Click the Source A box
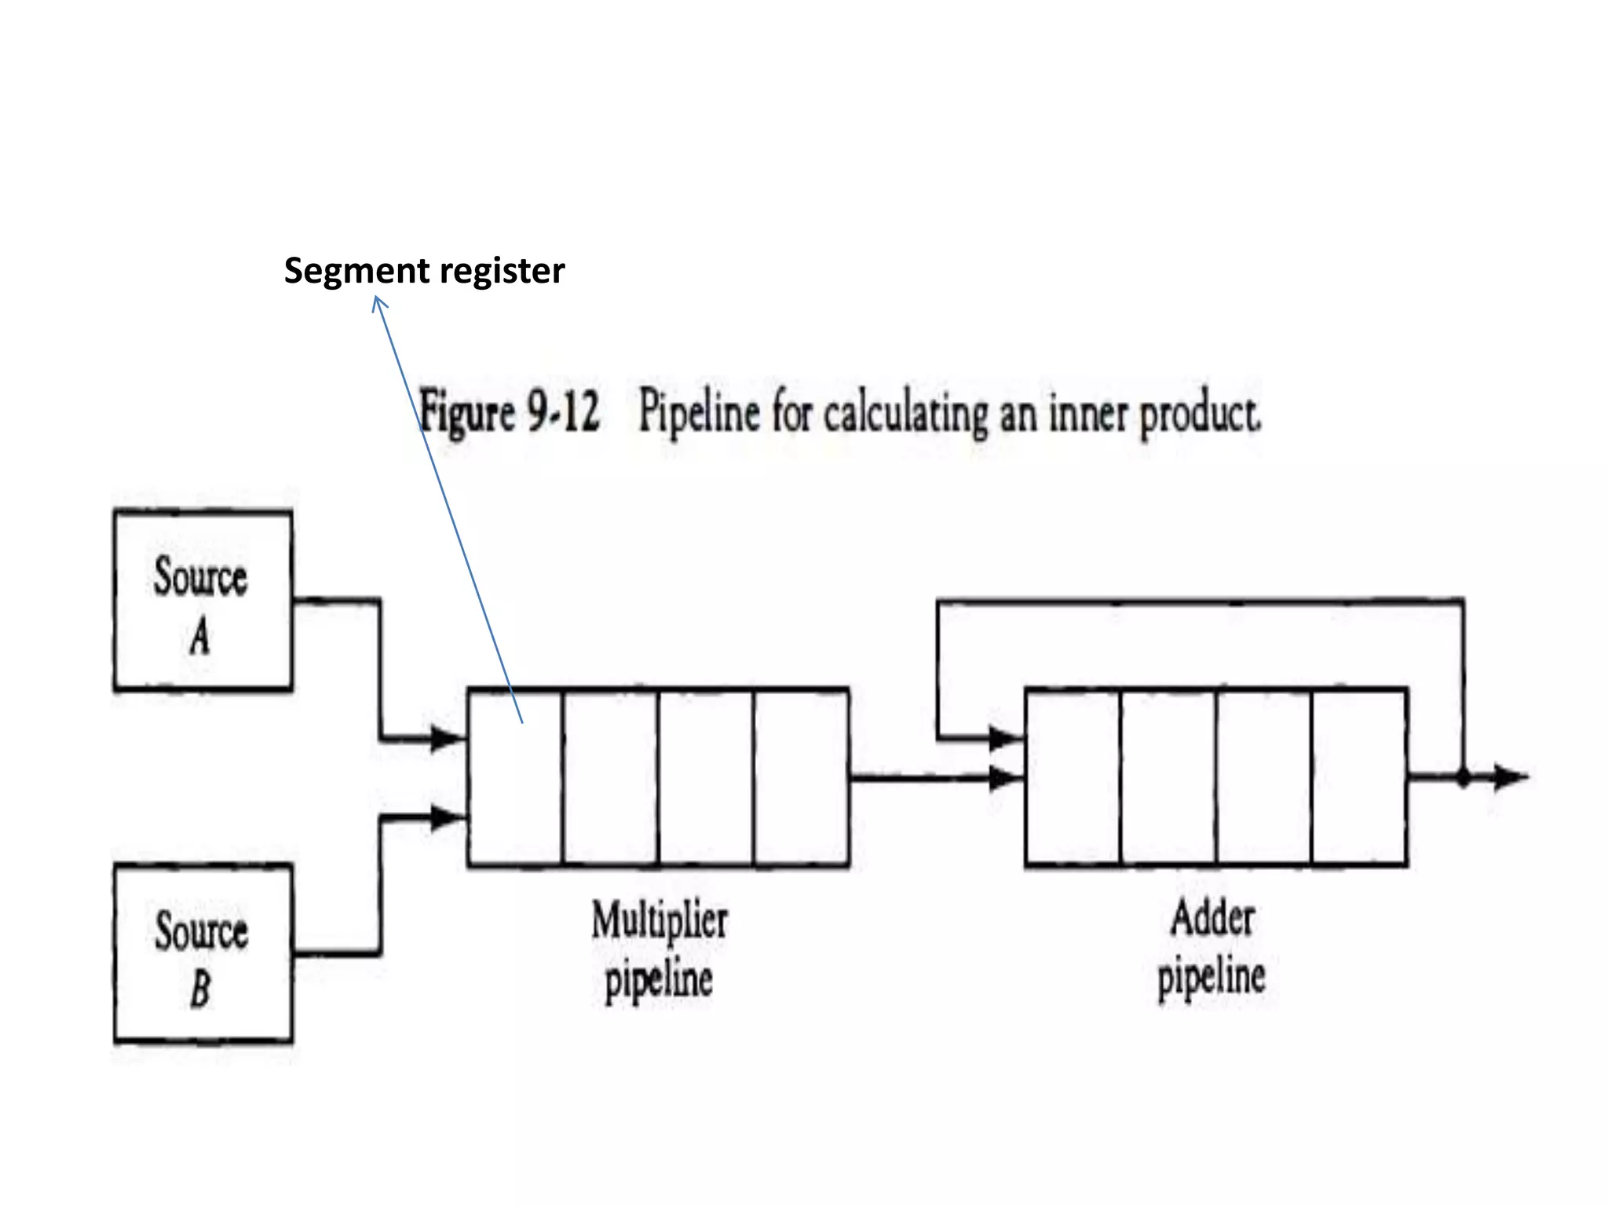click(203, 601)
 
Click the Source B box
click(203, 954)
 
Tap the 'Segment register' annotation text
click(424, 271)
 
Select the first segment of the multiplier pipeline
click(514, 777)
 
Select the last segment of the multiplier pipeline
click(801, 777)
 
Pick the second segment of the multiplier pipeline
click(610, 777)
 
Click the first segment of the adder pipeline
click(1073, 777)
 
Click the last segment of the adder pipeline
click(1359, 777)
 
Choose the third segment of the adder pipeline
click(1263, 777)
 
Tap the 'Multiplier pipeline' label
click(659, 950)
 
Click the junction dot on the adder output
click(1463, 779)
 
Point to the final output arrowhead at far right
click(1511, 777)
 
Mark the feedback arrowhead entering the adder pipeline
click(1005, 738)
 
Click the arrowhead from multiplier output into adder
click(1005, 779)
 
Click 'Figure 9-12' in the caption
click(510, 411)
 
